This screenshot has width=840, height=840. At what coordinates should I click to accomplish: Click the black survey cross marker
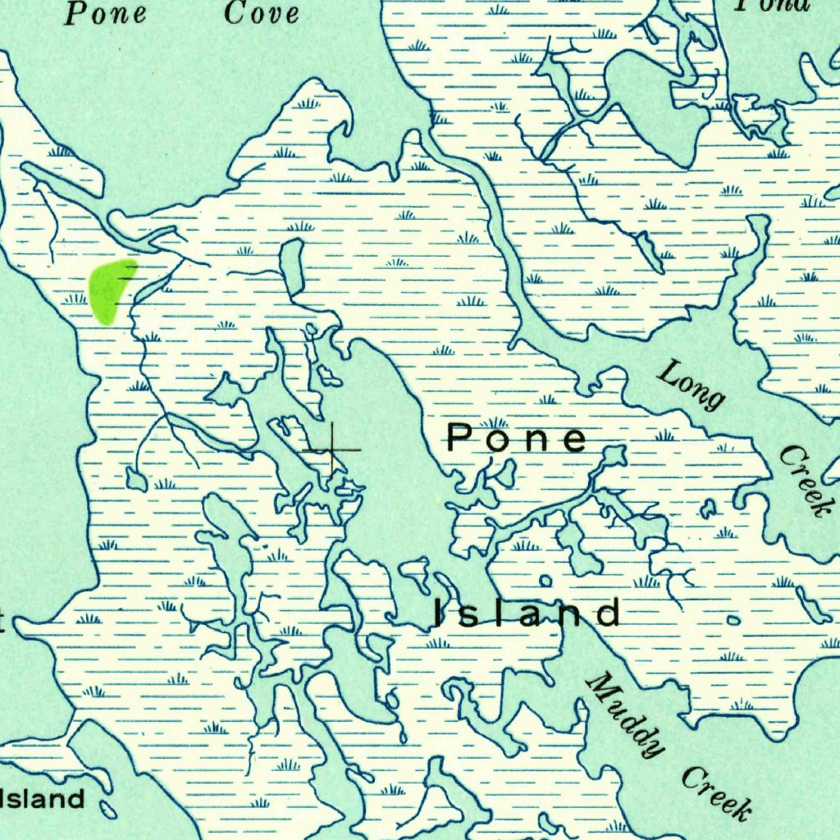click(x=331, y=450)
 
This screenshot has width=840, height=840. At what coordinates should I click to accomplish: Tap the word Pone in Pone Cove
click(x=106, y=12)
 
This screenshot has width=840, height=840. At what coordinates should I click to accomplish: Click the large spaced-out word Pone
click(x=517, y=439)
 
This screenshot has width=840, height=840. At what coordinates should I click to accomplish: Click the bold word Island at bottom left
click(x=44, y=798)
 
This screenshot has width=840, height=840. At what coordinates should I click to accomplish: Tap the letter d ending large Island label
click(x=608, y=613)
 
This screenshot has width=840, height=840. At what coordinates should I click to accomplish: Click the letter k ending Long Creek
click(x=816, y=505)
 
